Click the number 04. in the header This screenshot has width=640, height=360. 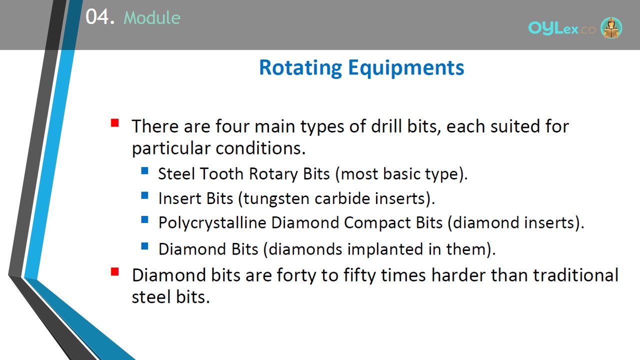(x=100, y=17)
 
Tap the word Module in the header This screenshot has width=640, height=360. (x=152, y=17)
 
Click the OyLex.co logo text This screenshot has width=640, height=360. (x=561, y=28)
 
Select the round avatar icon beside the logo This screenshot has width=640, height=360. (x=611, y=27)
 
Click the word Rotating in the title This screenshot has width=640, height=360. (x=300, y=68)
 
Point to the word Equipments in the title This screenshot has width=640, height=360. (x=406, y=68)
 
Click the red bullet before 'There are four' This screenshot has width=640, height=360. (x=115, y=123)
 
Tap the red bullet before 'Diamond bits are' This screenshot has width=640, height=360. (x=115, y=271)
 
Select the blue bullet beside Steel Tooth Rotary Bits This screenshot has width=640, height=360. (x=145, y=171)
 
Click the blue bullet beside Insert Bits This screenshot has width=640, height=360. (x=145, y=195)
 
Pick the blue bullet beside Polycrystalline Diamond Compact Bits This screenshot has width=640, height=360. (x=145, y=219)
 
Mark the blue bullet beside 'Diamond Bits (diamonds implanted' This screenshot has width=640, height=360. (x=145, y=246)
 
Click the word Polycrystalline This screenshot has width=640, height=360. (x=212, y=223)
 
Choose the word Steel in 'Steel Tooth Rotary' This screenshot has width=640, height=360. (x=176, y=173)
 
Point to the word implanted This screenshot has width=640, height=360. (x=385, y=249)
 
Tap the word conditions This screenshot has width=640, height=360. (x=260, y=148)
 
